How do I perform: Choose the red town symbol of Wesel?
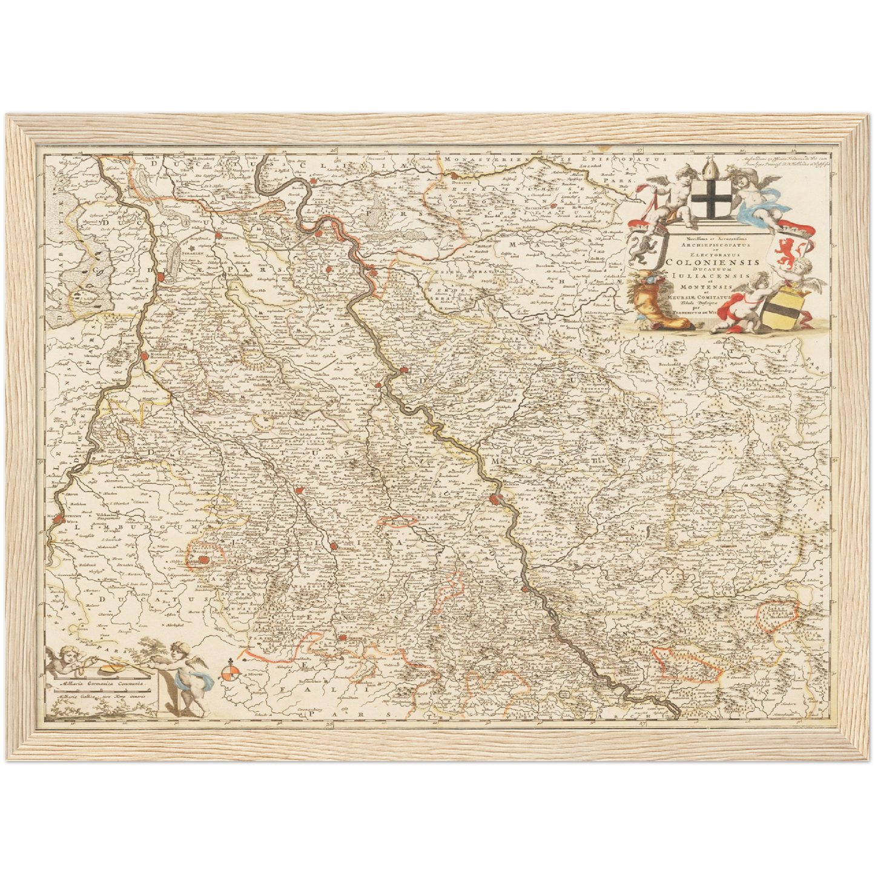pyautogui.click(x=314, y=180)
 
